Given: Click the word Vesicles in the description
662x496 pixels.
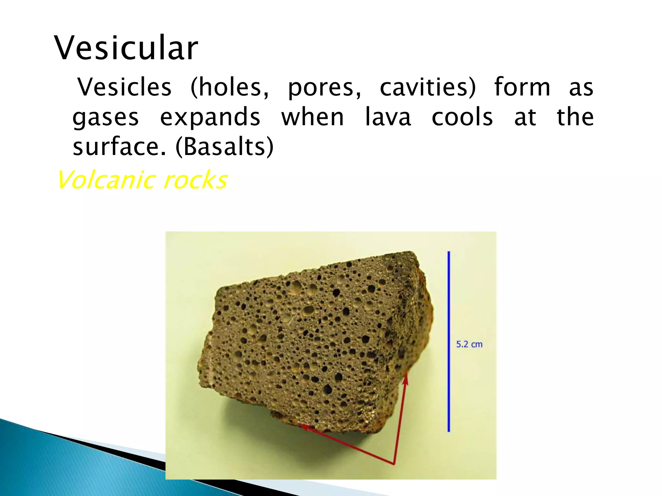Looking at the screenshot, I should (124, 87).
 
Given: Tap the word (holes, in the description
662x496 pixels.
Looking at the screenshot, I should (230, 87).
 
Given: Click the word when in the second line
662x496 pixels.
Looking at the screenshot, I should (313, 117).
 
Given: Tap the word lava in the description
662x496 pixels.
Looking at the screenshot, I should (388, 117).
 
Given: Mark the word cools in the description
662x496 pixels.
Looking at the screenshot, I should (462, 117).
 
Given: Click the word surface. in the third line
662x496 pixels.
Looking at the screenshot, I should (120, 146).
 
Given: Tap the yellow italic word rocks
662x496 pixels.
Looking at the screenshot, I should (195, 180).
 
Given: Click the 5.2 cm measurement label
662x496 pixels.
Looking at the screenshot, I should (469, 344).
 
